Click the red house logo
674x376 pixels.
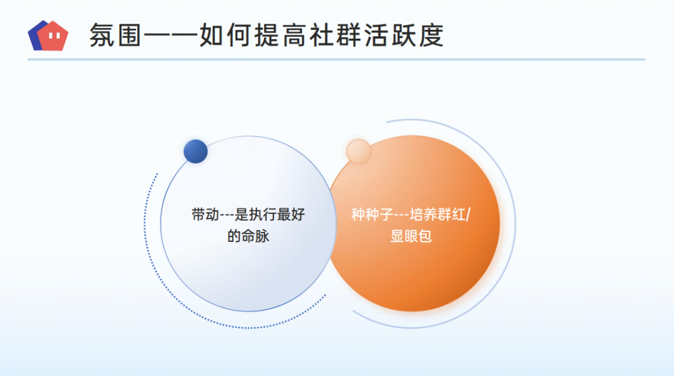(x=52, y=36)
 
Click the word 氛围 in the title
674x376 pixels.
(x=115, y=36)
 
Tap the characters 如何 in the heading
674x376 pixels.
(x=226, y=36)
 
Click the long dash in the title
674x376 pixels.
(x=170, y=36)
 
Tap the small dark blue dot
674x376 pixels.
(x=195, y=152)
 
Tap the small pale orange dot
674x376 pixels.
(x=358, y=152)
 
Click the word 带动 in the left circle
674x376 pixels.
(x=205, y=214)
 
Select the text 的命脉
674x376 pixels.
(x=248, y=236)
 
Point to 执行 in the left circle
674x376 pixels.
(x=263, y=214)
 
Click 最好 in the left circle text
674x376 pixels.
(x=291, y=214)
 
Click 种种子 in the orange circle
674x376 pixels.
(x=372, y=214)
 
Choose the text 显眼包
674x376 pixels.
(x=411, y=236)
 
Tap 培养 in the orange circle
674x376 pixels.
(x=423, y=214)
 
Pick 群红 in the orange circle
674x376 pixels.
(x=452, y=214)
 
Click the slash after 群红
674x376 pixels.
(x=469, y=214)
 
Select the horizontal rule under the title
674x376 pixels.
(x=336, y=59)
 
